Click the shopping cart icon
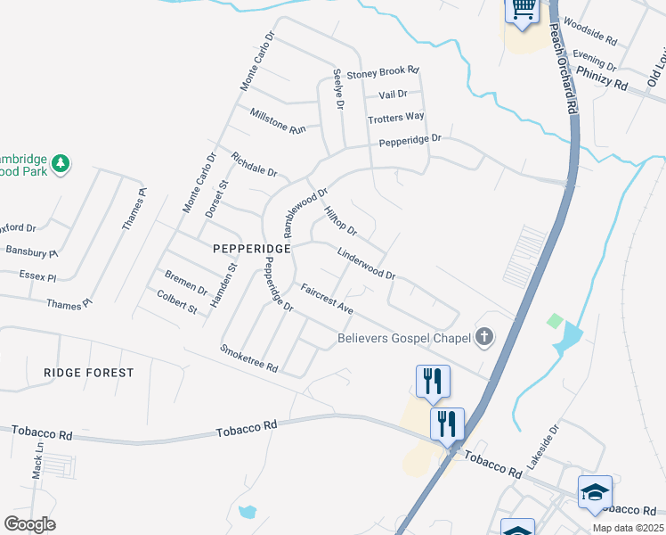pos(522,10)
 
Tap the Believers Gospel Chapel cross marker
pos(483,337)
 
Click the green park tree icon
pos(61,163)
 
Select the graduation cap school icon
pos(595,491)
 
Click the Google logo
pos(29,524)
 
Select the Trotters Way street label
pos(396,117)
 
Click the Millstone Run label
pos(278,121)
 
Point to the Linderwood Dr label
pos(366,263)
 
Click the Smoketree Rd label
pos(249,358)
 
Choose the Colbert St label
pos(176,301)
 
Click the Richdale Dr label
pos(254,164)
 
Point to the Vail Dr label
pos(393,94)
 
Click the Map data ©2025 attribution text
pos(628,528)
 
